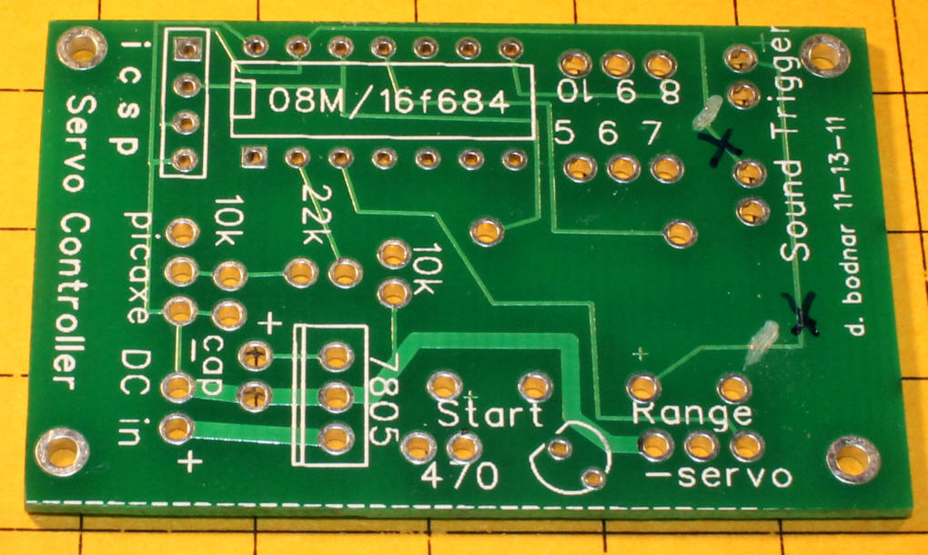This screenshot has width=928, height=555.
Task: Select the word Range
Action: (x=692, y=414)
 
